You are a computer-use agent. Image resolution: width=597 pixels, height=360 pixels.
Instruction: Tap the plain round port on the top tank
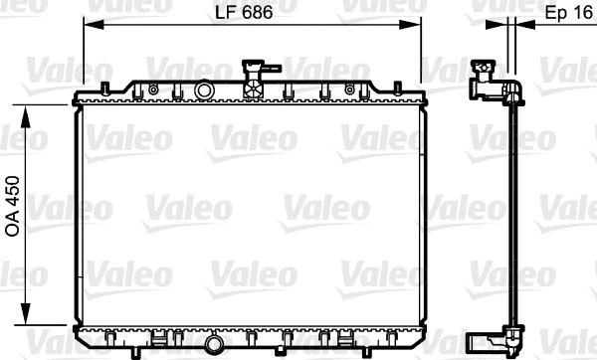pyautogui.click(x=205, y=90)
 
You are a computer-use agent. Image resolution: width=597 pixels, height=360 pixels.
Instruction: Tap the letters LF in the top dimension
pyautogui.click(x=226, y=13)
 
